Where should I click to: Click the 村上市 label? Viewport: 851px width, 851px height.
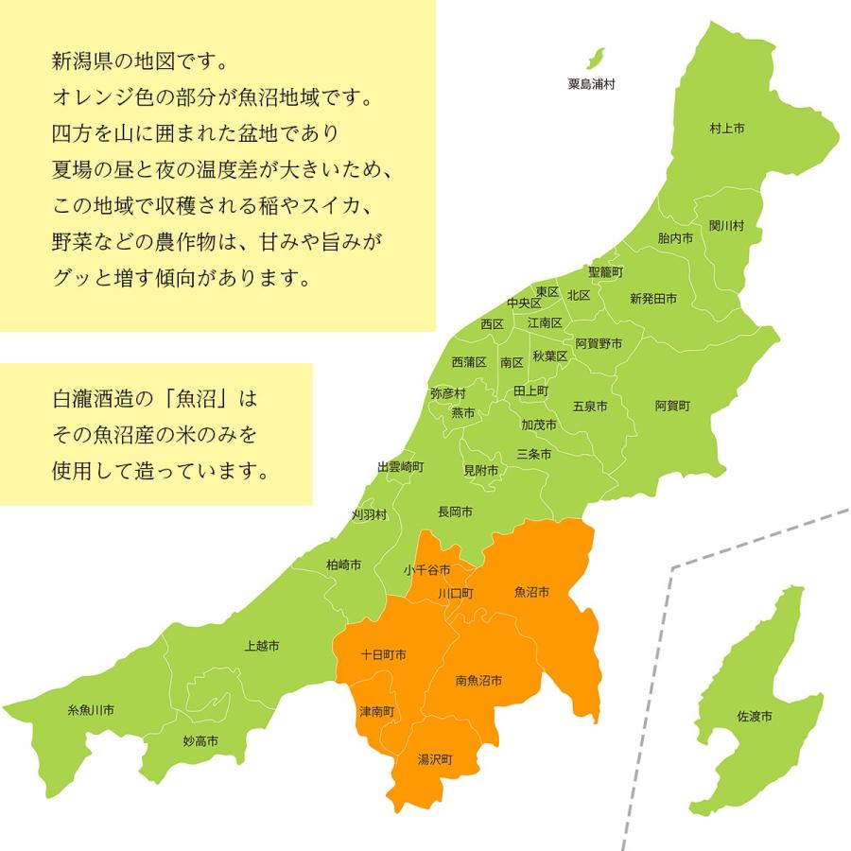(x=727, y=127)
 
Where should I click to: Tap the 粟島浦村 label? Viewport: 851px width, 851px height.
(x=592, y=84)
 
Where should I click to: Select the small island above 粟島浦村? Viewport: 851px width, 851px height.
(x=596, y=57)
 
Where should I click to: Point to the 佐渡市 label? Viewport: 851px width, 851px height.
(x=755, y=717)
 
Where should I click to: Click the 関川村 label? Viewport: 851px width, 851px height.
(x=727, y=226)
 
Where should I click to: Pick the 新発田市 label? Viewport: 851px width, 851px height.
(x=653, y=299)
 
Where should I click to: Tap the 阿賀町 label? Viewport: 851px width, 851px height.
(x=672, y=406)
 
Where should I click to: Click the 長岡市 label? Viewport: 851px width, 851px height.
(x=455, y=512)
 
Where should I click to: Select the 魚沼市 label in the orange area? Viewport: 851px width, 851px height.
(x=531, y=593)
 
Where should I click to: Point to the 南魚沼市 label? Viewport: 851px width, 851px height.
(x=478, y=680)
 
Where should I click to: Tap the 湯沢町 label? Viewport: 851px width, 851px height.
(x=436, y=759)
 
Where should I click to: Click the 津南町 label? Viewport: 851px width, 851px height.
(x=377, y=711)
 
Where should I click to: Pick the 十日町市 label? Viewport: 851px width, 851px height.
(x=384, y=654)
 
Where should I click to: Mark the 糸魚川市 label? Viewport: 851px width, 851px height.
(x=91, y=709)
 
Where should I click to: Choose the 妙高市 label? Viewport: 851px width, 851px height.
(x=200, y=741)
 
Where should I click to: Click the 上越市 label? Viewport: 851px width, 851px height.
(x=261, y=646)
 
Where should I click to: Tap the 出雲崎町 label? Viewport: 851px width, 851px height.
(x=401, y=467)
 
